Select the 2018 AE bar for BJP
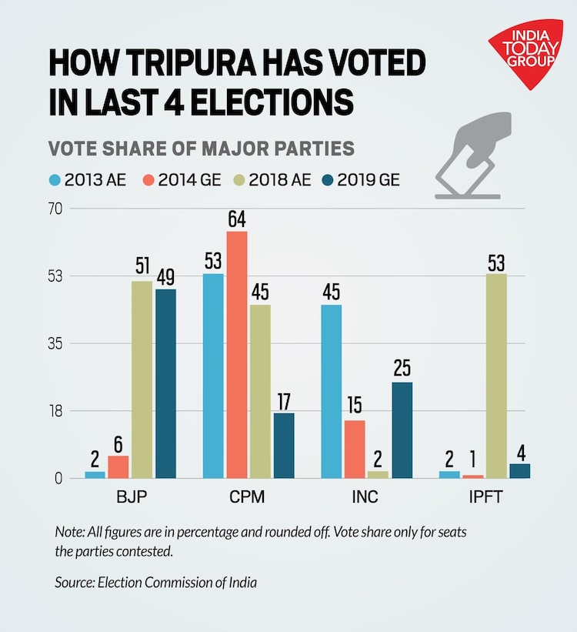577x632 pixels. pyautogui.click(x=142, y=379)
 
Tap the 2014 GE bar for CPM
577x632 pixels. pyautogui.click(x=237, y=354)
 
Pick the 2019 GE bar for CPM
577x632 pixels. pyautogui.click(x=283, y=445)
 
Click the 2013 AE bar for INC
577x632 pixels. pyautogui.click(x=332, y=391)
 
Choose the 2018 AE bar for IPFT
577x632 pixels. pyautogui.click(x=496, y=375)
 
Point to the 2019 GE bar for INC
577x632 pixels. pyautogui.click(x=402, y=430)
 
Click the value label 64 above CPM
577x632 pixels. pyautogui.click(x=237, y=219)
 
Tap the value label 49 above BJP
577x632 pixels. pyautogui.click(x=165, y=277)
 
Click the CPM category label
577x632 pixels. pyautogui.click(x=248, y=497)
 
